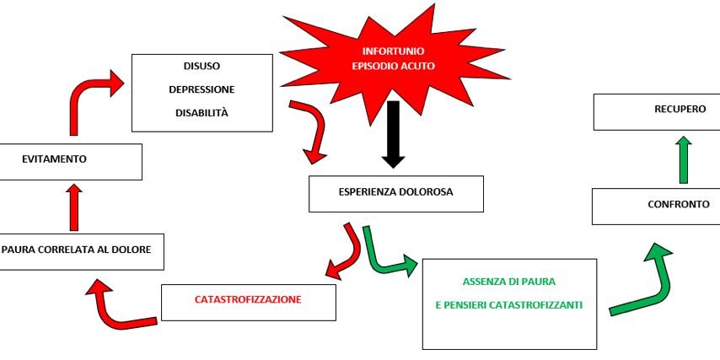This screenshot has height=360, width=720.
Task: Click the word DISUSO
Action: pos(202,66)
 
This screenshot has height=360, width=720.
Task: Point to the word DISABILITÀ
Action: pos(201,113)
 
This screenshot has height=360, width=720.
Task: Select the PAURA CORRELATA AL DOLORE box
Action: pos(81,250)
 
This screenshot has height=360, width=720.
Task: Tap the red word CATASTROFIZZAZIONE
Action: pos(248,299)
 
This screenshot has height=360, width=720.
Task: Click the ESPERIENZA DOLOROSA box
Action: pos(395,192)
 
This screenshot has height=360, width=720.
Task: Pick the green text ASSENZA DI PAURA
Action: pos(508,281)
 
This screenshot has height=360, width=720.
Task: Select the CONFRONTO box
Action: pos(655,206)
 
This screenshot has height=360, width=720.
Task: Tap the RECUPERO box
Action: pos(656,110)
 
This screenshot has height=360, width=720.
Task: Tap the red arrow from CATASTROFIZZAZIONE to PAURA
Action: pos(118,308)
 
